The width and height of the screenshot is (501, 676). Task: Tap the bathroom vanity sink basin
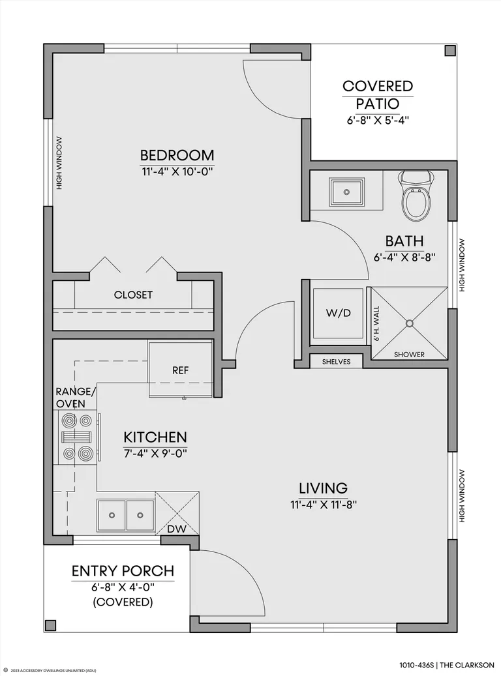346,191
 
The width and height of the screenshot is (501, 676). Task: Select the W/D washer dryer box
338,313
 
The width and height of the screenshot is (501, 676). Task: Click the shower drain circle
409,323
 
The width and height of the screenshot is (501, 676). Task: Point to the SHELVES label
336,362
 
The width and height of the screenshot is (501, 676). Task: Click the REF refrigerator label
181,370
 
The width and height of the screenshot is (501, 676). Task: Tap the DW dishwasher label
176,529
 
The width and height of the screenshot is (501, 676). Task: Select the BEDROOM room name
177,154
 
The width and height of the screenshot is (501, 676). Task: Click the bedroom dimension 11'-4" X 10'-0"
177,171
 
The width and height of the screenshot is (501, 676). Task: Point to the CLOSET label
133,295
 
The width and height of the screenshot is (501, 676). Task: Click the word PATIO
378,104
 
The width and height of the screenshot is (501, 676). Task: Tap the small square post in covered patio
450,50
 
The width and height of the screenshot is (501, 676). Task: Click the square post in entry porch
50,626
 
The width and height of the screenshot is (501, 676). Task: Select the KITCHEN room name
155,437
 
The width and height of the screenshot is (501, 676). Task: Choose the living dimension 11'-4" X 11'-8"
324,505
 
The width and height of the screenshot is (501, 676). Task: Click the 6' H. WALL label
376,324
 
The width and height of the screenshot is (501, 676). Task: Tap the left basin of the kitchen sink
112,515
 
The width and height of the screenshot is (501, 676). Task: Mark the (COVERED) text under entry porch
123,602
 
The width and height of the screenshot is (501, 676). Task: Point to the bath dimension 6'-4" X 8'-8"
404,257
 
